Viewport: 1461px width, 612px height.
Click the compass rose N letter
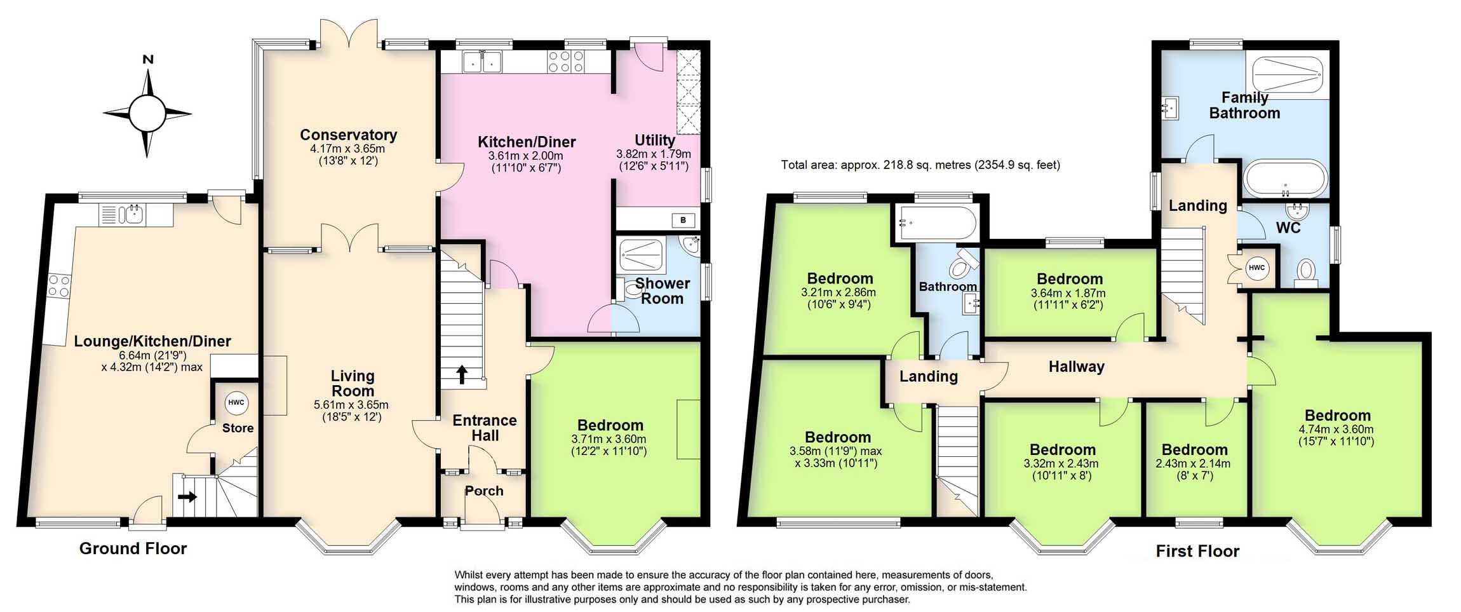(x=148, y=60)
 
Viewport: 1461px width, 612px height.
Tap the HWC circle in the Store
(x=236, y=403)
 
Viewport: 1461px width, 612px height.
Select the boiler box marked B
(x=683, y=221)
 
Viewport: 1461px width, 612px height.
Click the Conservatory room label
(x=348, y=135)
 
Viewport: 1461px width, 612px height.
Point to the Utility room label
(x=654, y=140)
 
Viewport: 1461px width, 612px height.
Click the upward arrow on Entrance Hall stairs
(x=462, y=374)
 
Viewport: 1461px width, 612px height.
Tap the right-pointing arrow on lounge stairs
(x=188, y=496)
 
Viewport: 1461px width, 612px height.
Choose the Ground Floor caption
(x=133, y=548)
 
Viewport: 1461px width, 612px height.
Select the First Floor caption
(x=1197, y=551)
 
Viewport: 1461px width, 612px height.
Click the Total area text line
(x=920, y=165)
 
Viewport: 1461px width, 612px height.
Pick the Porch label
(x=484, y=491)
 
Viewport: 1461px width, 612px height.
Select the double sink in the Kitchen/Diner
(x=482, y=62)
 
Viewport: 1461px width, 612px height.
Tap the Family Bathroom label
(x=1244, y=105)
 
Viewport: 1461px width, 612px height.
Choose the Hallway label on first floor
(x=1076, y=367)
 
